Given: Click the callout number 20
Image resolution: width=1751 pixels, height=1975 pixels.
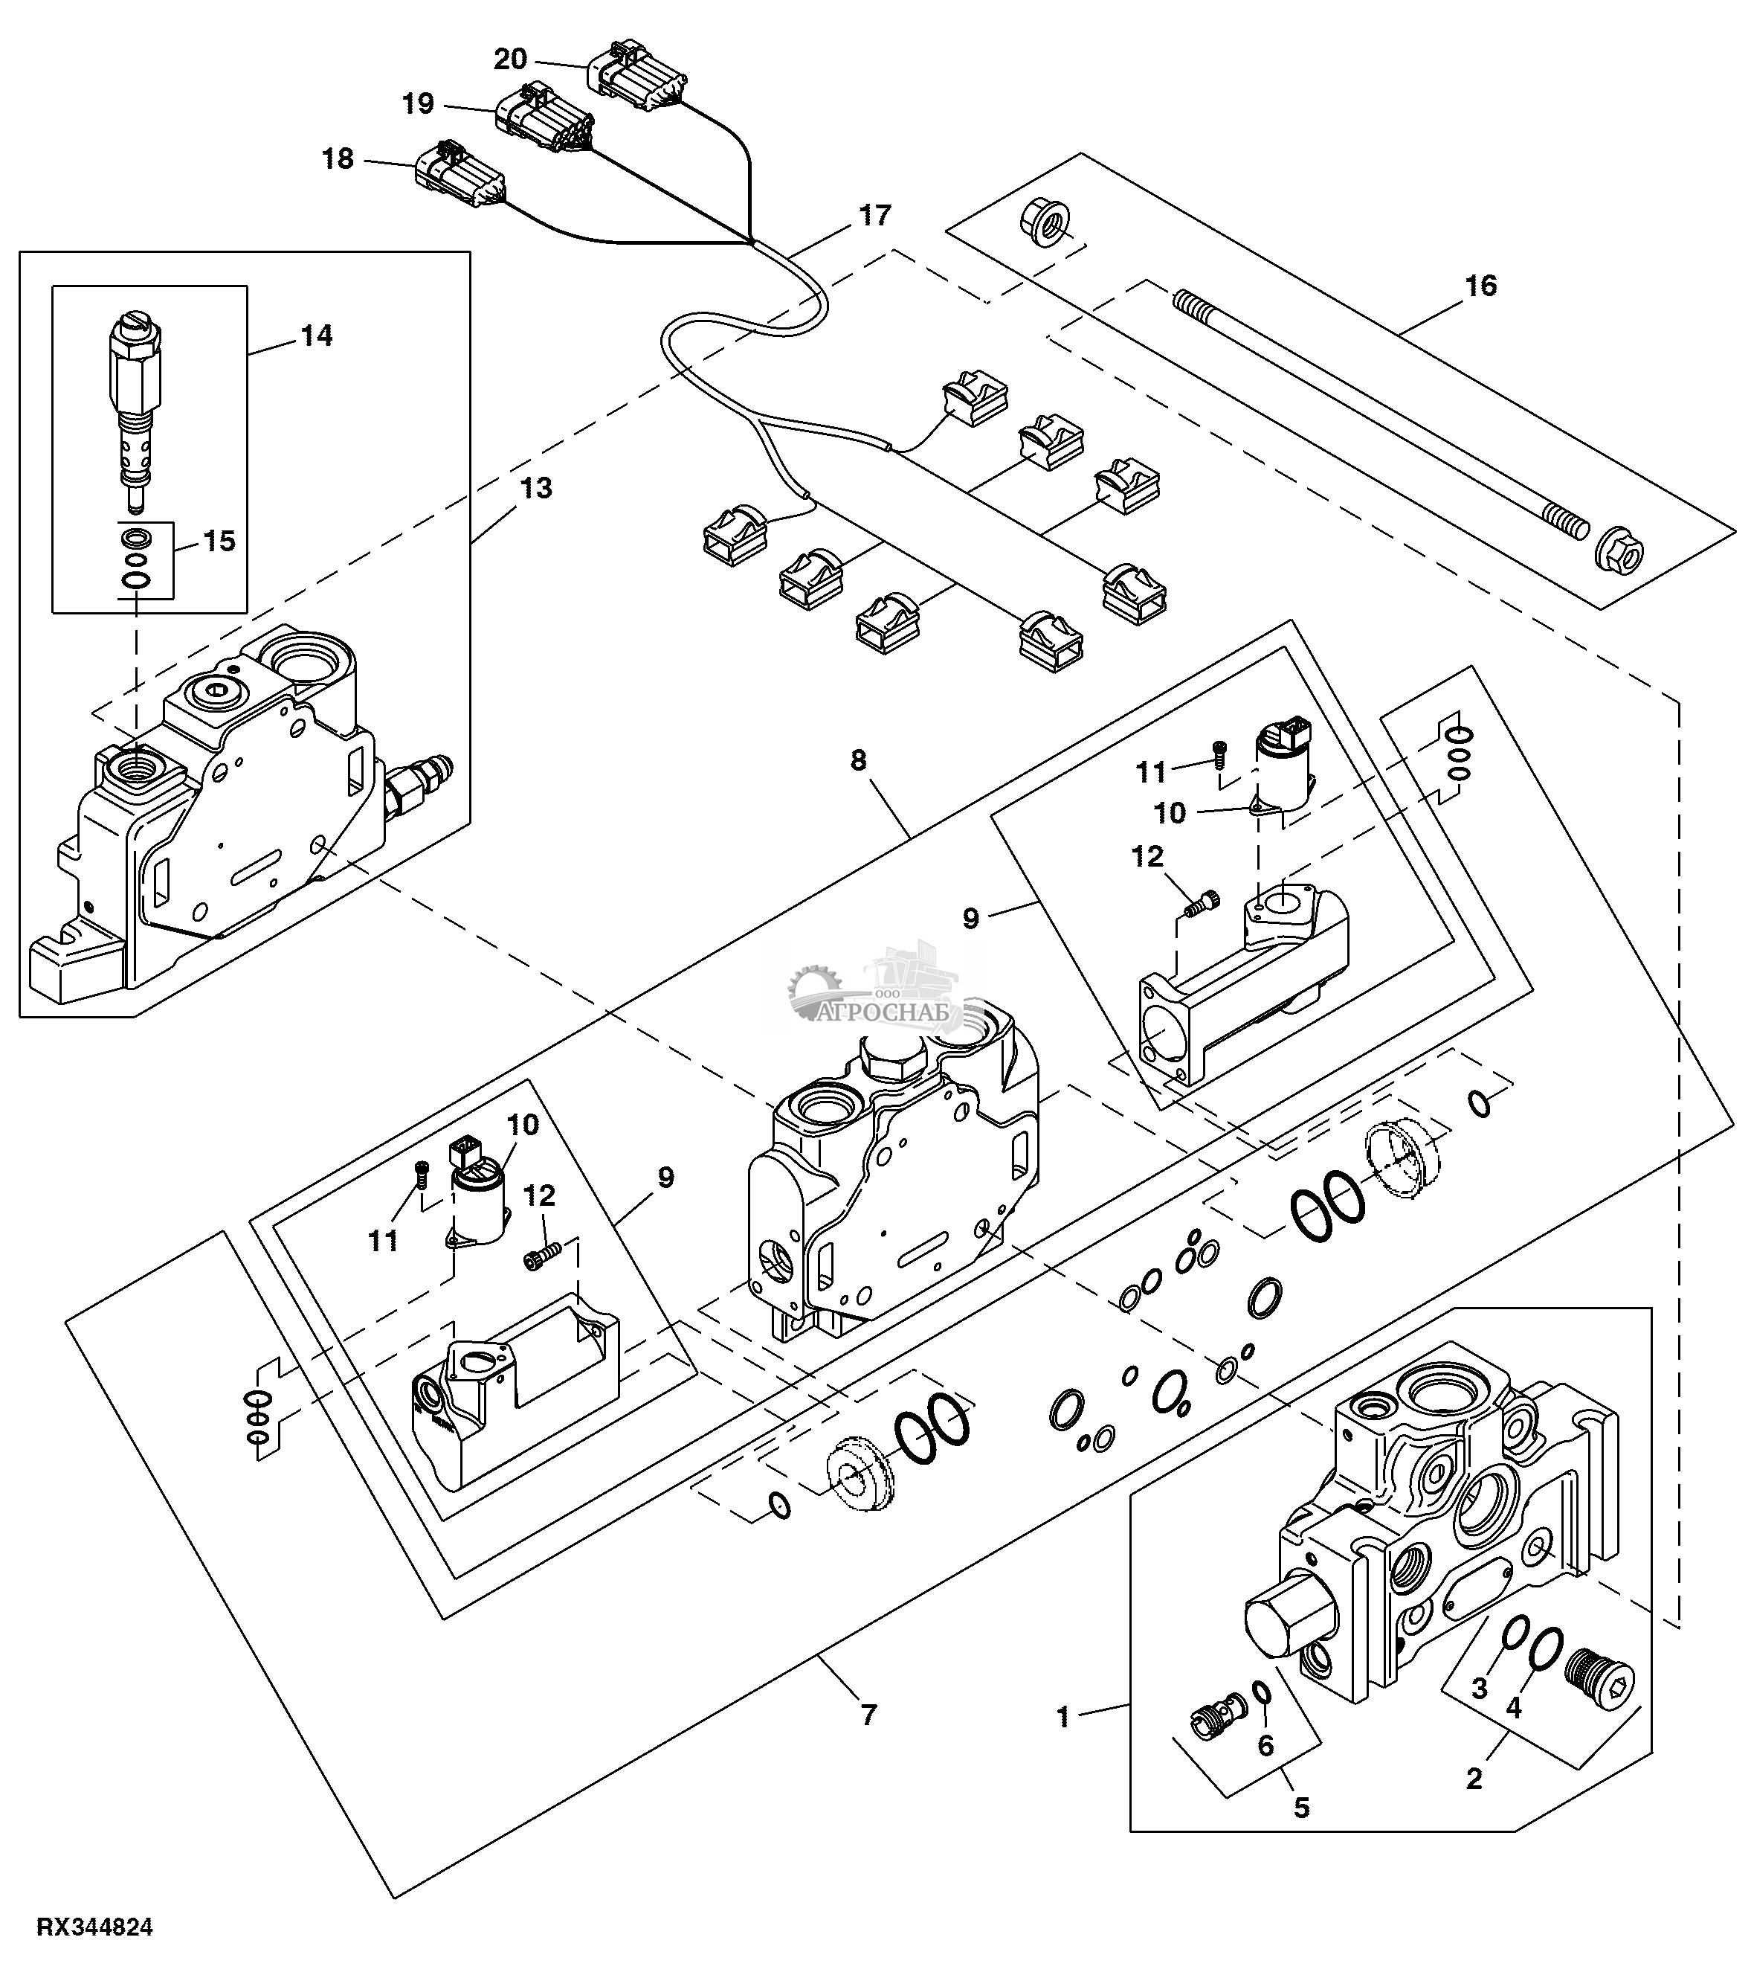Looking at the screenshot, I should tap(510, 60).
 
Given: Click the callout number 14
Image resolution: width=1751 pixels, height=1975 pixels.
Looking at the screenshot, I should tap(316, 335).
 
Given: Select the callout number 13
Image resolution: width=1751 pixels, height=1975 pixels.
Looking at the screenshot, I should tap(536, 488).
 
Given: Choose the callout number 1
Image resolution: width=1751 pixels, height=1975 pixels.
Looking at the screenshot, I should tap(1063, 1717).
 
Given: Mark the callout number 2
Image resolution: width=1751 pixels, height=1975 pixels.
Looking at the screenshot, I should tap(1474, 1778).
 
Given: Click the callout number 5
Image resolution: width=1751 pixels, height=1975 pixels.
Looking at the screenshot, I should tap(1302, 1807).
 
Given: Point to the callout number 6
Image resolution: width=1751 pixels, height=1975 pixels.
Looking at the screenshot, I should tap(1265, 1745).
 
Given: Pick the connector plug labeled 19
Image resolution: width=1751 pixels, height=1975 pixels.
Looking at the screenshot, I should tap(544, 120).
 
